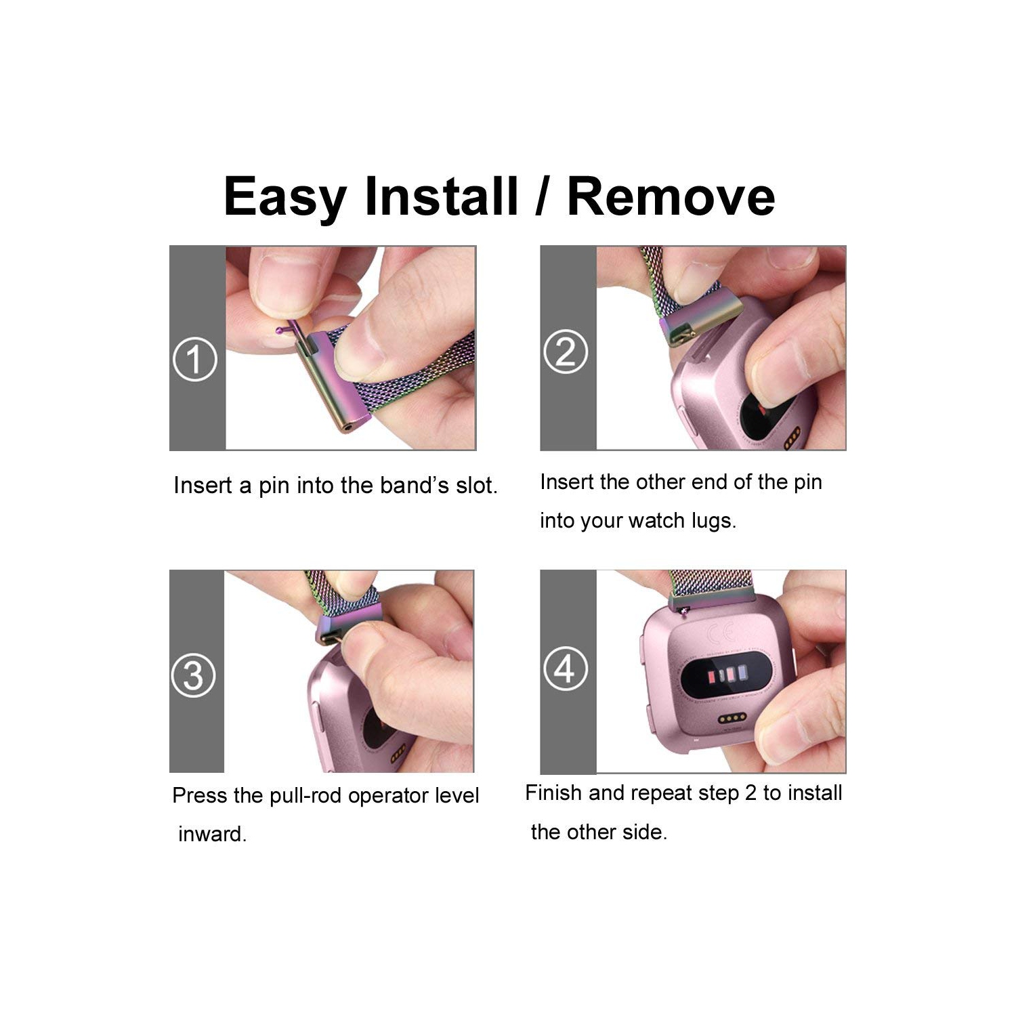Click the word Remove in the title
(671, 196)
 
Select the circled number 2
(566, 351)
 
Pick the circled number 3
(194, 675)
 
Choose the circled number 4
(565, 668)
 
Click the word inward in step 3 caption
(212, 834)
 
